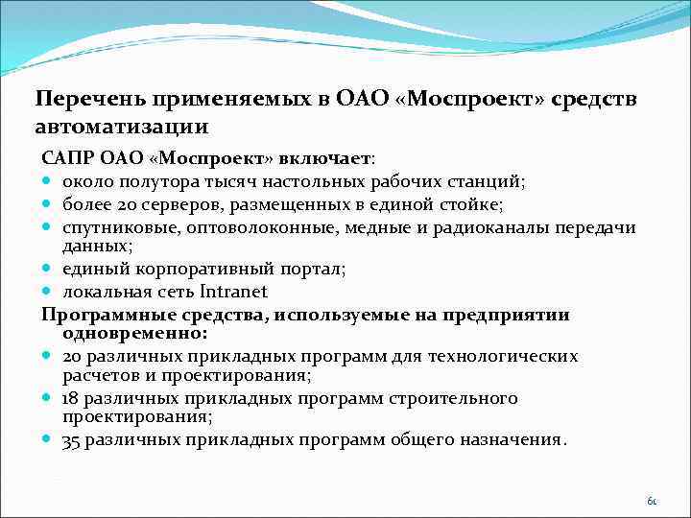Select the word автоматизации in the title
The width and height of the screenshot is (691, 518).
122,127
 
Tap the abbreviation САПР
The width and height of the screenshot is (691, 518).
64,157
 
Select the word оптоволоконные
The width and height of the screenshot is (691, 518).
235,227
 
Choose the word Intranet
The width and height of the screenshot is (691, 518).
234,292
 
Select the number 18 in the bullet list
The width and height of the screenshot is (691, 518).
70,398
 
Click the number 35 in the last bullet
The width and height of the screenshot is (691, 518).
71,440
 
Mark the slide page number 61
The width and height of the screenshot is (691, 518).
652,501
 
